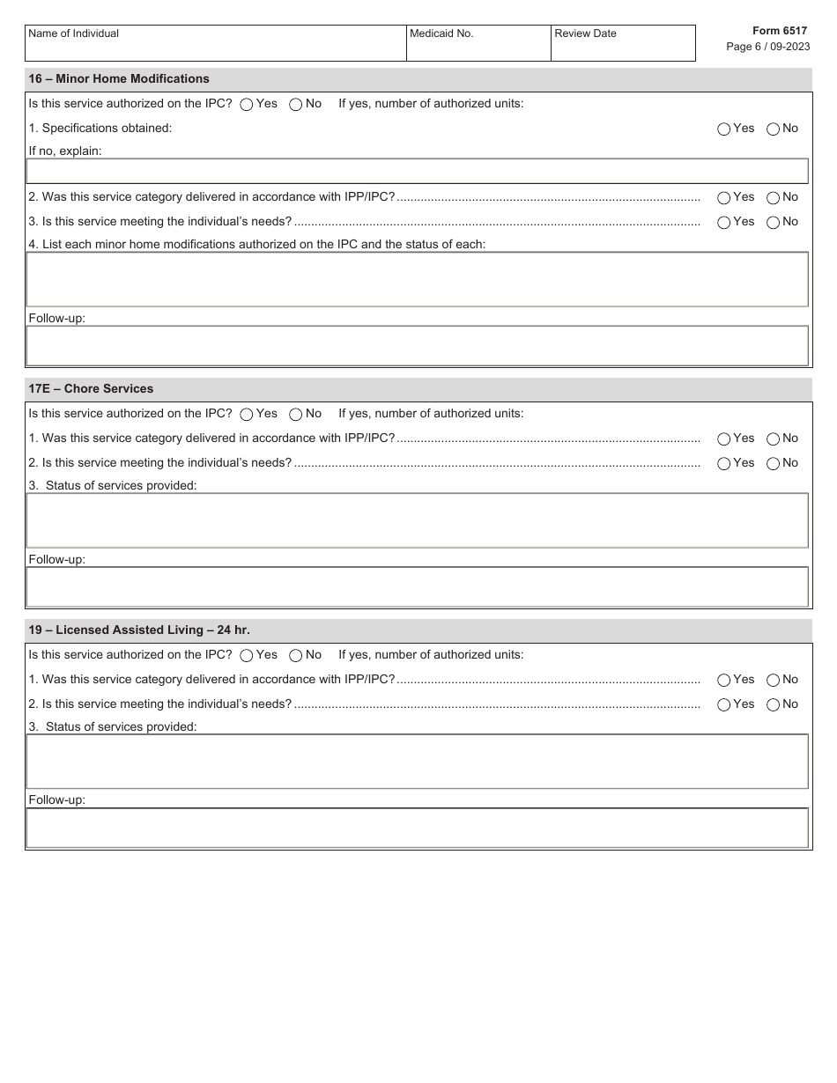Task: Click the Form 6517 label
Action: pos(779,31)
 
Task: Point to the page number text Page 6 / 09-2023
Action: pos(767,47)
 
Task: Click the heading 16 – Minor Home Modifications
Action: pos(119,79)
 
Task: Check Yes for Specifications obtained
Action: pos(724,129)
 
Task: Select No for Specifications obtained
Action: pos(774,129)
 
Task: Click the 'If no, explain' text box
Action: pos(417,171)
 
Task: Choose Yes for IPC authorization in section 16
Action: pos(247,104)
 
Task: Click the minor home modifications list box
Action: pos(417,279)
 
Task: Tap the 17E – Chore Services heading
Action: pos(91,389)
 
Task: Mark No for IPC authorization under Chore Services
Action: pos(296,414)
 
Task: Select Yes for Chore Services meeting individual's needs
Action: pos(724,463)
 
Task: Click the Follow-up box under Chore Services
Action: pos(417,586)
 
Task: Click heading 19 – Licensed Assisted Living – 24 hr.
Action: pos(139,630)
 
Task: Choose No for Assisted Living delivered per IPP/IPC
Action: pos(774,680)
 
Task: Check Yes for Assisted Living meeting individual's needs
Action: pos(724,704)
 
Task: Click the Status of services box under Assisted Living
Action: pos(417,762)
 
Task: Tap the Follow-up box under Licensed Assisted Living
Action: pos(417,828)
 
